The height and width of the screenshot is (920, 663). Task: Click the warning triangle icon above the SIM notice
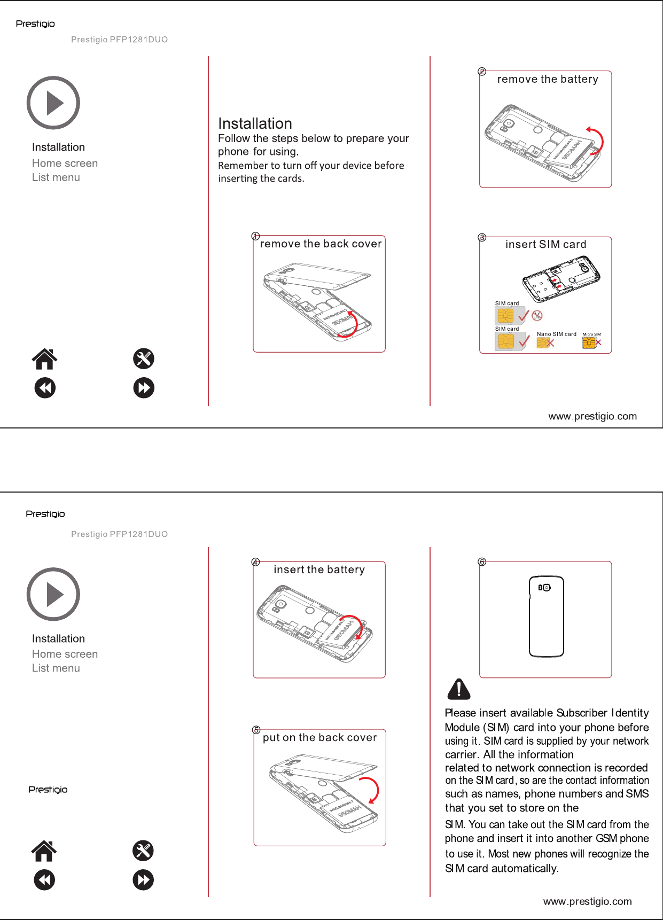[x=458, y=689]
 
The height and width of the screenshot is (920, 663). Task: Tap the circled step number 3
[x=482, y=237]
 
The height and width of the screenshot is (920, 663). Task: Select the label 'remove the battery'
[x=548, y=79]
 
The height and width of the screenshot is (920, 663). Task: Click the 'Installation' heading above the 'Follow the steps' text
[x=255, y=123]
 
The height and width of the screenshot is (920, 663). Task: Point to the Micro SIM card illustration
[x=589, y=342]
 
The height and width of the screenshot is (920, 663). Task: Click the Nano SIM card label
[x=556, y=334]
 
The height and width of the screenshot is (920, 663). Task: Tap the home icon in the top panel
[x=45, y=359]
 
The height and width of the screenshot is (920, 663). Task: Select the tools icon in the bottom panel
[x=143, y=851]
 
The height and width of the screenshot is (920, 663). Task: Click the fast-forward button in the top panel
[x=144, y=388]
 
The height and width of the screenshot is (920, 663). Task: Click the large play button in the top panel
[x=53, y=103]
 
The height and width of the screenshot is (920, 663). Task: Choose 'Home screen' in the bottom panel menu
[x=65, y=654]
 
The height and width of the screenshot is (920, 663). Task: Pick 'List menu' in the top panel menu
[x=56, y=177]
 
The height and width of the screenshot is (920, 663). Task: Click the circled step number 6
[x=482, y=562]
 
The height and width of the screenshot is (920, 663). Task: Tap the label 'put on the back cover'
[x=319, y=737]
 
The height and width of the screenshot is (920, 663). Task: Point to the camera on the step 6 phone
[x=544, y=587]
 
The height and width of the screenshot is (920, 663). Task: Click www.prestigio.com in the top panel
[x=592, y=416]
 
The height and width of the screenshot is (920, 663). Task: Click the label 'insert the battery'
[x=319, y=570]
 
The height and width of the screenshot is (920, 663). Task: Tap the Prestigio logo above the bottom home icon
[x=48, y=790]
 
